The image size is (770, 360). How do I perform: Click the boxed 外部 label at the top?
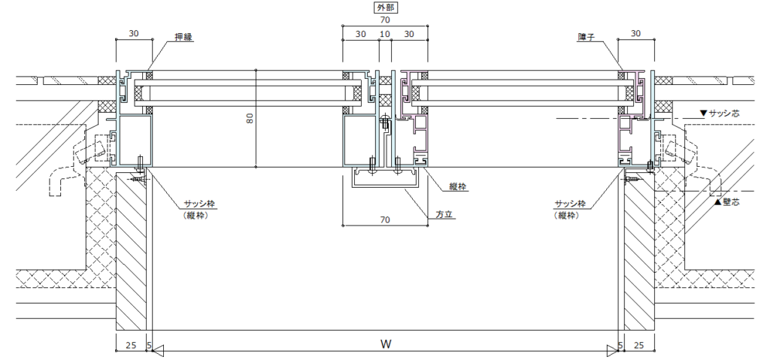pyautogui.click(x=385, y=8)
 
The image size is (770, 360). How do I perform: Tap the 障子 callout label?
pyautogui.click(x=587, y=37)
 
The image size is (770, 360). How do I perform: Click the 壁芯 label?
pyautogui.click(x=727, y=201)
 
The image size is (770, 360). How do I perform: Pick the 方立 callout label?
pyautogui.click(x=444, y=215)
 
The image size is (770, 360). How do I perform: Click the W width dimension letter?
pyautogui.click(x=386, y=343)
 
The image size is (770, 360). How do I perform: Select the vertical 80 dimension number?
pyautogui.click(x=250, y=118)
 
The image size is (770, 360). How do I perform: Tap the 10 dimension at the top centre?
pyautogui.click(x=385, y=34)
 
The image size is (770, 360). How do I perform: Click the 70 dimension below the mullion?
pyautogui.click(x=385, y=220)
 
